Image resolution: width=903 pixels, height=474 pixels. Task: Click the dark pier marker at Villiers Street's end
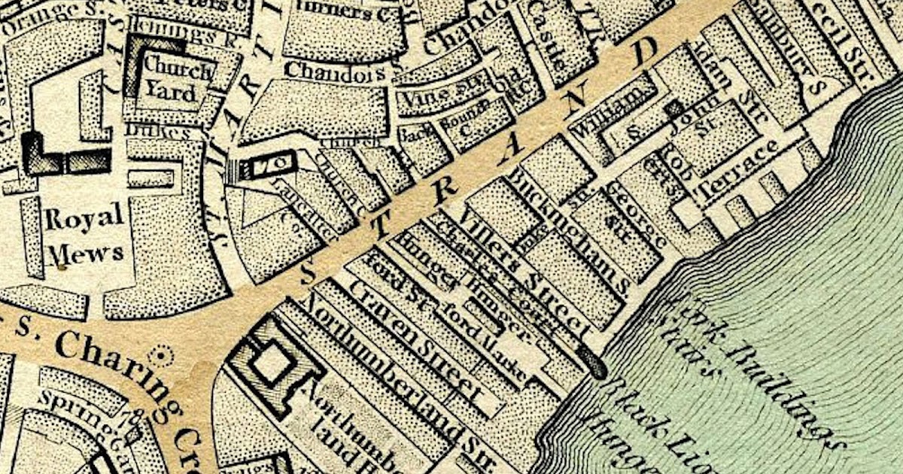pos(594,367)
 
